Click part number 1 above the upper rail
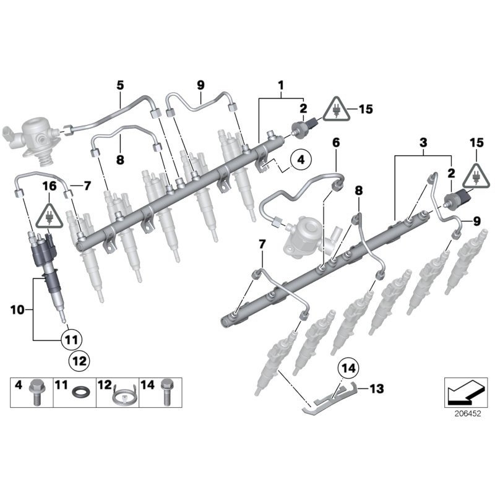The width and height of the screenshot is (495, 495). pos(281,84)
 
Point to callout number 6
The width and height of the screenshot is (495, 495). pos(336,143)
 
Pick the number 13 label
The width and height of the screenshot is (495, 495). pos(377,389)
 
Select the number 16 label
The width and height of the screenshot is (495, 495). pos(48,185)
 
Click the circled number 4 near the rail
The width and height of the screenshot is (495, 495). pos(299,160)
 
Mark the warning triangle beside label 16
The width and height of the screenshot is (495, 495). pos(48,216)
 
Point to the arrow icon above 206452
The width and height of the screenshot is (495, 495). pos(463,390)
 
